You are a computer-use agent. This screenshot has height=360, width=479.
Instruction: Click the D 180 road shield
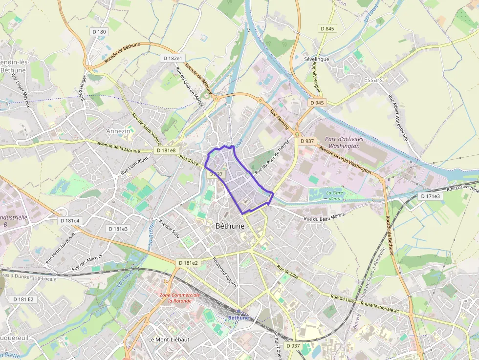pos(99,32)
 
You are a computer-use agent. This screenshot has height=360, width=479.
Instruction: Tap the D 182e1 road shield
pos(172,58)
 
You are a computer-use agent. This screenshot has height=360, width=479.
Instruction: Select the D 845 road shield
pos(328,28)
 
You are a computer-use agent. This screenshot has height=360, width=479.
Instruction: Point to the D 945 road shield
pos(317,103)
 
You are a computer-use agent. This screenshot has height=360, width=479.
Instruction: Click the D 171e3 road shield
pos(430,196)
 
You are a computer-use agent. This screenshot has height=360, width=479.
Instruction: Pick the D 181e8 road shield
pos(166,150)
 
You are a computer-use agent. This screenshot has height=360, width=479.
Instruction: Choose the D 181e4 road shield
pos(69,220)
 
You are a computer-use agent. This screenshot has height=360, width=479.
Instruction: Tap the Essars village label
pos(373,79)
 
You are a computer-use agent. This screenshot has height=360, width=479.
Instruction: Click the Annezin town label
pos(118,131)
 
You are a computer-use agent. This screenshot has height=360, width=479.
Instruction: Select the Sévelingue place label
pos(316,59)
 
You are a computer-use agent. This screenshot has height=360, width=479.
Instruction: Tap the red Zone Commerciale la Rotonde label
pos(180,298)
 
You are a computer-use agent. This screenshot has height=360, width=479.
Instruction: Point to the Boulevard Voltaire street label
pos(225,272)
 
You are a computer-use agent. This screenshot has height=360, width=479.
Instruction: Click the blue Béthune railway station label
pos(239,318)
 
